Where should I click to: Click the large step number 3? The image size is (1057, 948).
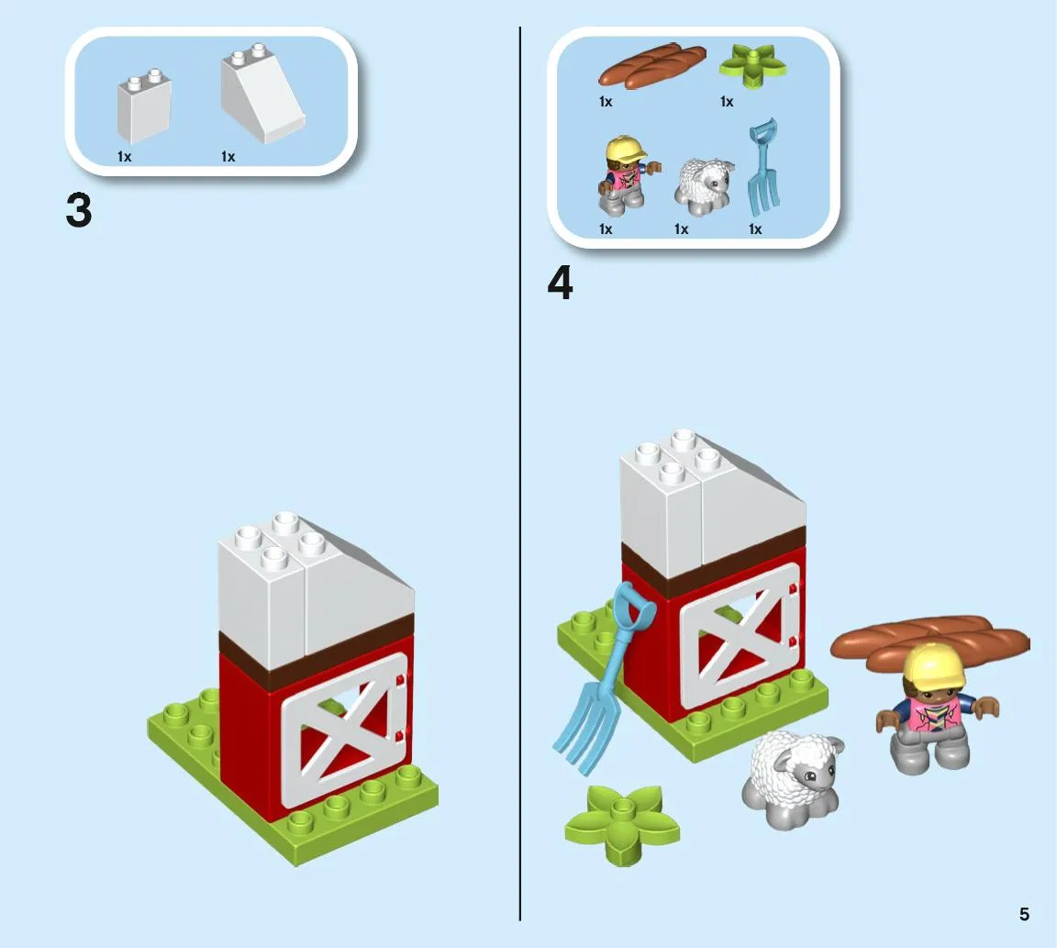(79, 210)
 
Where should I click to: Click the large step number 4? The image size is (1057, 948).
(561, 284)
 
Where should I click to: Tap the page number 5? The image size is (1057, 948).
(1024, 914)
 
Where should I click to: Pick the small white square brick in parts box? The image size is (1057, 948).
(144, 106)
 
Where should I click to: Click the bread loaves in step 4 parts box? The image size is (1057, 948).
(651, 66)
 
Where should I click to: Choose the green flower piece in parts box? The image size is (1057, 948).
(752, 65)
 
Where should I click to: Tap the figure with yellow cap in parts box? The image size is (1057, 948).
(625, 175)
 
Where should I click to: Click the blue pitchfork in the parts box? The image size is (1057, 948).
(764, 165)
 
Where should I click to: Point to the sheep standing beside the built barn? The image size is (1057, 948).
(793, 779)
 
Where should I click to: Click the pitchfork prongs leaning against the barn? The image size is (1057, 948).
(585, 732)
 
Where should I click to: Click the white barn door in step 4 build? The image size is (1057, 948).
(740, 635)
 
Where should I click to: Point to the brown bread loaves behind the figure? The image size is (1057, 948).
(930, 641)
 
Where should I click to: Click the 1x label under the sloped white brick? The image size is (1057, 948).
(228, 156)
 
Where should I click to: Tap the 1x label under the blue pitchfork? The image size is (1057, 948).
(755, 229)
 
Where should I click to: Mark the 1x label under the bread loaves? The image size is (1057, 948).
(606, 102)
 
